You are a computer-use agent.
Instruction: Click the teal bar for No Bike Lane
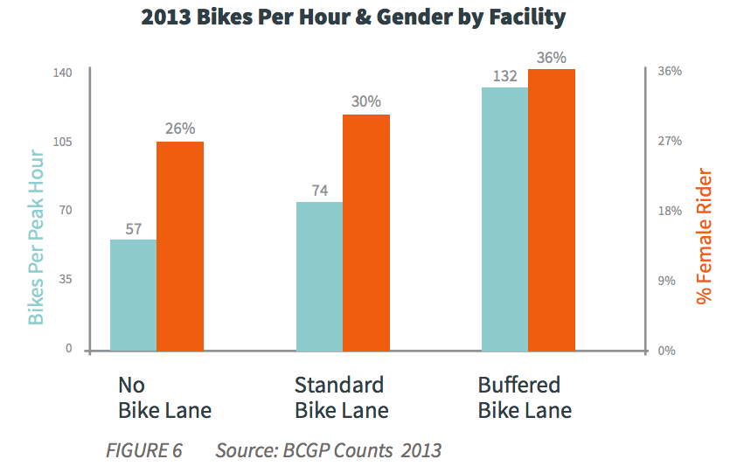133,296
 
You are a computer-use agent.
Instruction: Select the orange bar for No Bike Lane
180,247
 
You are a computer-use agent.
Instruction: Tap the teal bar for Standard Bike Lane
319,277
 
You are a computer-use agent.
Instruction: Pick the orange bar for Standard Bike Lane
366,233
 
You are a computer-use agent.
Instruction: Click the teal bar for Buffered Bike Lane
505,219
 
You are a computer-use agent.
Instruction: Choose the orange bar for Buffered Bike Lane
552,210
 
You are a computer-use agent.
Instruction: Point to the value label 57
133,230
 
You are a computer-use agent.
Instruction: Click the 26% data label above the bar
179,129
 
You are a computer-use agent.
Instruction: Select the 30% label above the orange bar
365,101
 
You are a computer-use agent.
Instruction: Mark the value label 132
504,76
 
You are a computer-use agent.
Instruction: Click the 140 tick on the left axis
64,73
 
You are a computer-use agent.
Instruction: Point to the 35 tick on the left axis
66,280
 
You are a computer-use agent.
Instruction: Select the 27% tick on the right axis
670,141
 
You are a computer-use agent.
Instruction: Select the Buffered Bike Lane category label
525,398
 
